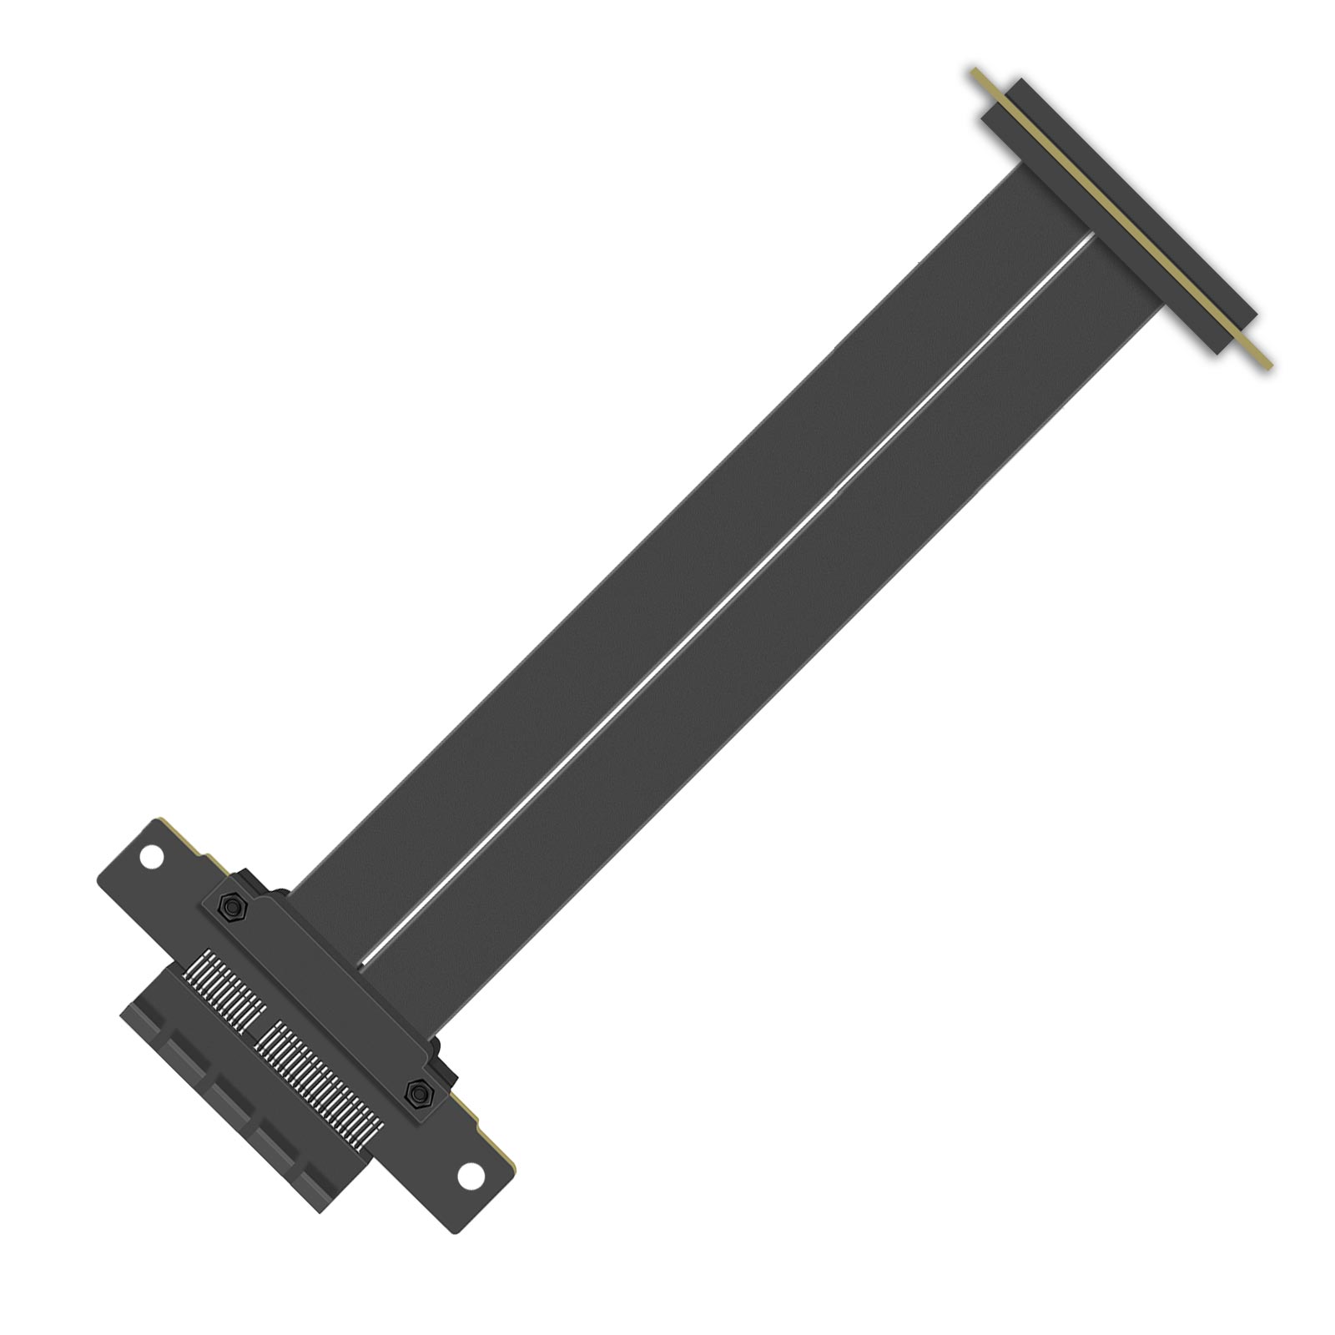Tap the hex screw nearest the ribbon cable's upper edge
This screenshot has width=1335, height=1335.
pos(233,906)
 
